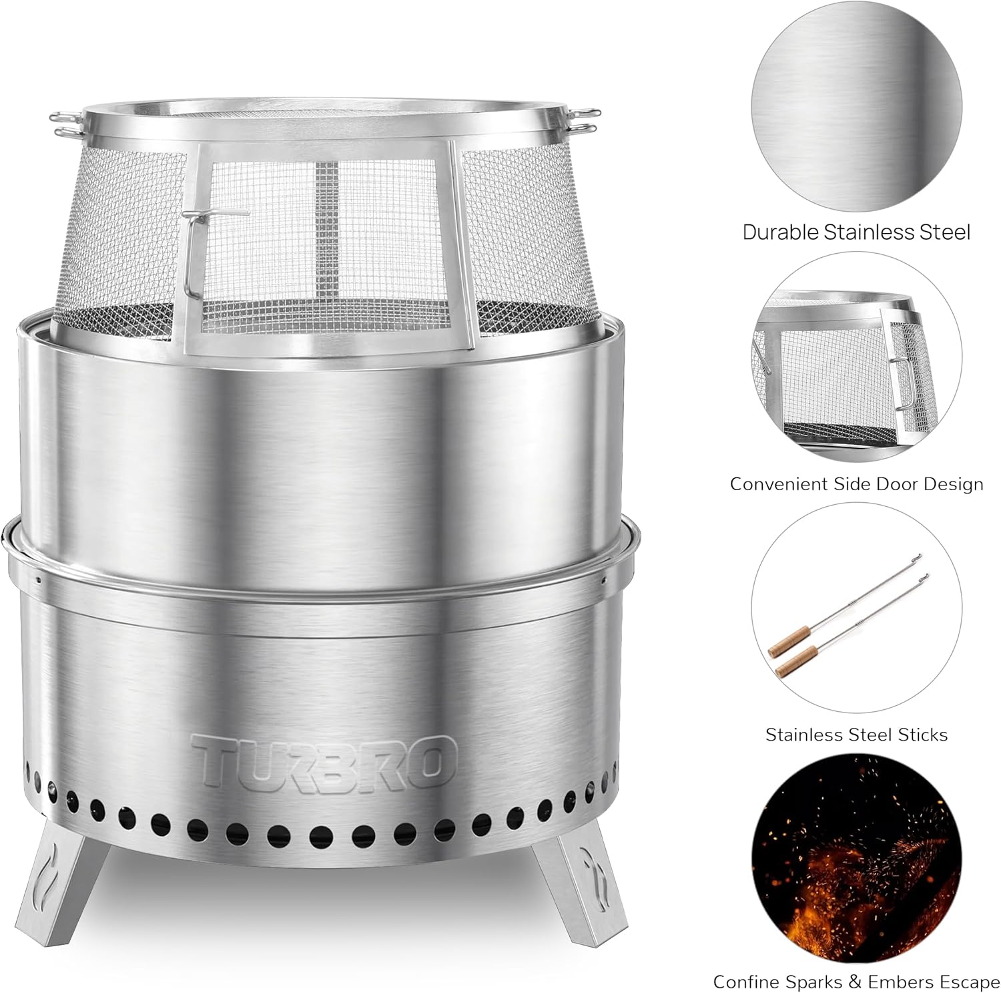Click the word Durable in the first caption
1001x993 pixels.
coord(780,232)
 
